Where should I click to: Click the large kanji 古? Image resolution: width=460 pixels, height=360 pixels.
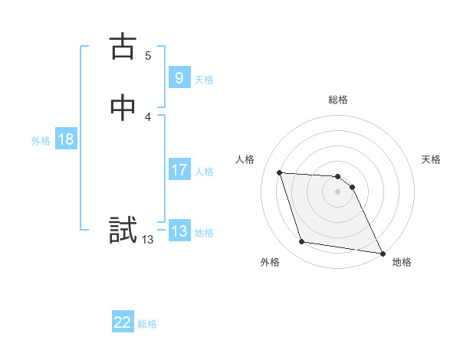(x=123, y=47)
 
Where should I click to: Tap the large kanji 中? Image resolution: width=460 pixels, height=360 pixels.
(x=123, y=108)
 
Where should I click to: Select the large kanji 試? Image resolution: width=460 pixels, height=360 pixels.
(x=123, y=231)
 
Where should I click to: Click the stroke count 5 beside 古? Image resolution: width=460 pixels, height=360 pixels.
(x=148, y=55)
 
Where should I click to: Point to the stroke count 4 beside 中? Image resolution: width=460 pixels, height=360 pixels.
(x=148, y=116)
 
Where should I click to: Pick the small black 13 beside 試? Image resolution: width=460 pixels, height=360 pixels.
(x=147, y=240)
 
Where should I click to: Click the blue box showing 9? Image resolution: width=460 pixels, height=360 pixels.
(x=179, y=77)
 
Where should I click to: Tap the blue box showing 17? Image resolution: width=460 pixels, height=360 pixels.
(x=179, y=170)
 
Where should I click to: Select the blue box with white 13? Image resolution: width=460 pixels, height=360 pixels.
(x=179, y=231)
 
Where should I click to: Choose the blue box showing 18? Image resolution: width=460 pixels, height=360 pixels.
(x=65, y=139)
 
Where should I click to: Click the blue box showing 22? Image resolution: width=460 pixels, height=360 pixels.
(x=123, y=322)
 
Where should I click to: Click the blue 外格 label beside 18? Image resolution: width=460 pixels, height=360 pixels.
(x=41, y=141)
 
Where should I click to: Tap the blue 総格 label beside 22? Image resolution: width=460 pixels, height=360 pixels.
(x=147, y=324)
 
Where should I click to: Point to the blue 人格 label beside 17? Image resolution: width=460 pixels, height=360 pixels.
(x=204, y=172)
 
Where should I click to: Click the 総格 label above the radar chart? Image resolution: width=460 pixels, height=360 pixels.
(x=338, y=100)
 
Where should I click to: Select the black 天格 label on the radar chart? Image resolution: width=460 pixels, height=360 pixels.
(x=432, y=159)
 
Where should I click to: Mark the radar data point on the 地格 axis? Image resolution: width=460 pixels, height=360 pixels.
(x=383, y=253)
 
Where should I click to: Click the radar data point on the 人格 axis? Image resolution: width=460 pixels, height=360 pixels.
(x=280, y=172)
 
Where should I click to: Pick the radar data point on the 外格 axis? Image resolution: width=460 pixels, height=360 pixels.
(x=302, y=242)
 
